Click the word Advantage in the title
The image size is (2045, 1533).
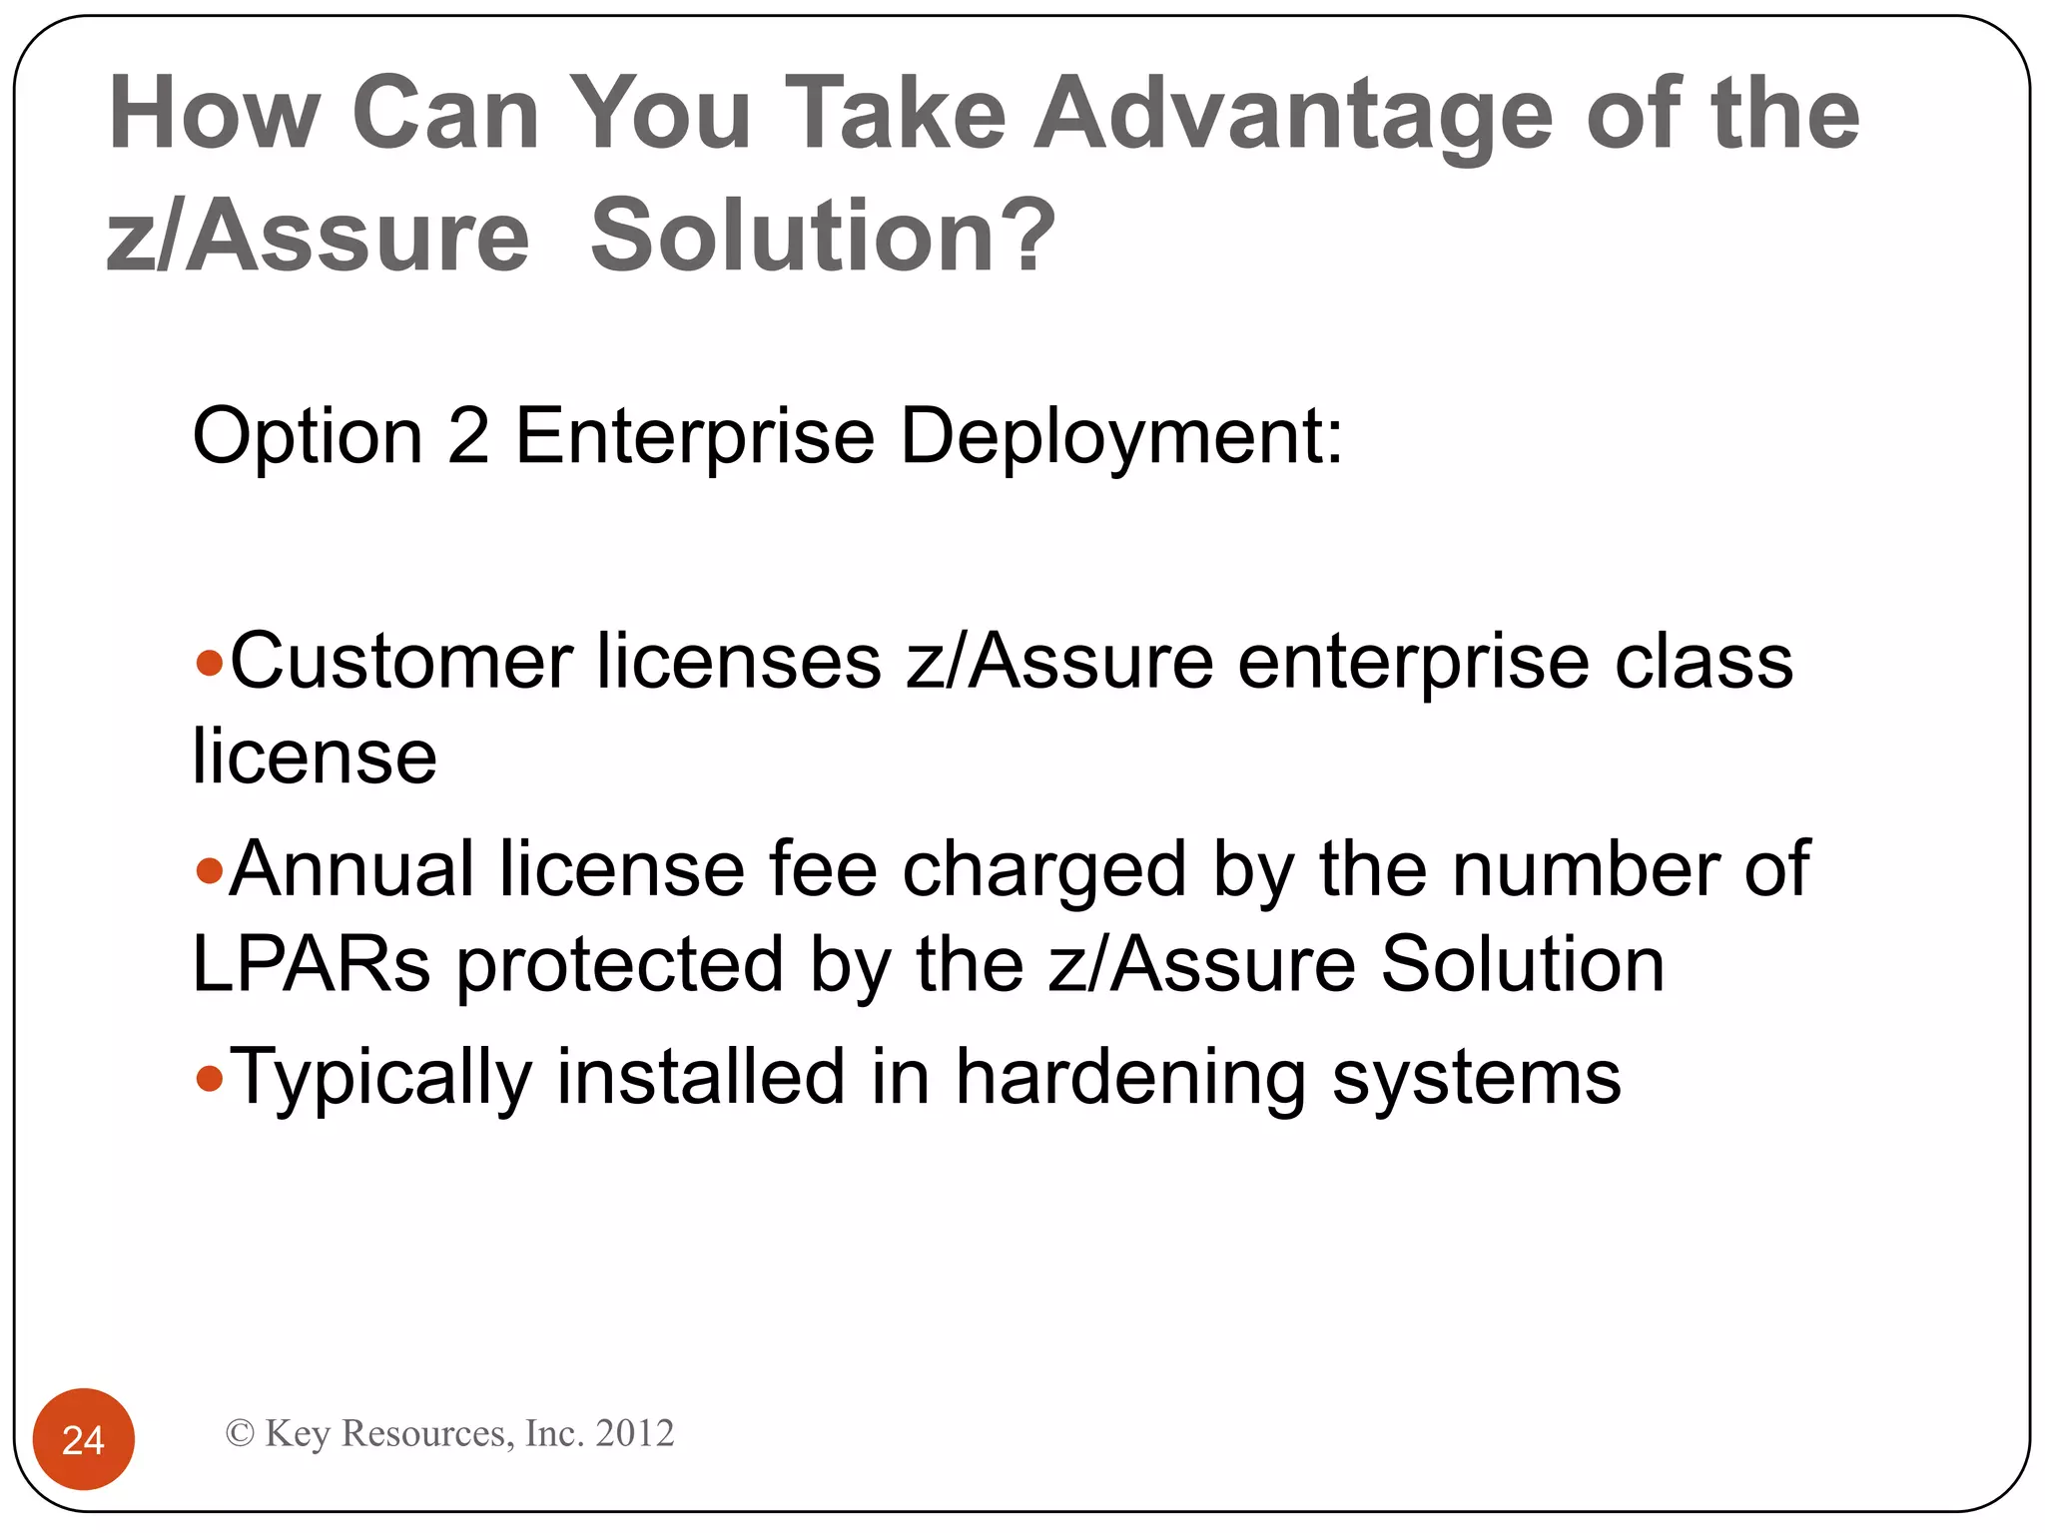[x=1292, y=115]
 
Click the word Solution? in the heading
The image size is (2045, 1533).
[x=823, y=236]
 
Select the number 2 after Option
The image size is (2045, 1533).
[x=468, y=436]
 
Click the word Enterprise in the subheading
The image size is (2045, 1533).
[x=695, y=436]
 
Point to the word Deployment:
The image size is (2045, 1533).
[x=1121, y=436]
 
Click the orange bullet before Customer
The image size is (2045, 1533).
[x=209, y=664]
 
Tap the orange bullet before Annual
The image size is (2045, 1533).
[x=209, y=871]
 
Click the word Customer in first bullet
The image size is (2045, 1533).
[x=401, y=662]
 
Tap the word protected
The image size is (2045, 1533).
[x=620, y=966]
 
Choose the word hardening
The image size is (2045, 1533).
[x=1129, y=1078]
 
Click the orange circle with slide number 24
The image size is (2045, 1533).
[x=84, y=1439]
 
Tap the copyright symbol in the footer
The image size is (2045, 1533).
[x=240, y=1433]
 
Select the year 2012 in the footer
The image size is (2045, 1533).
[x=634, y=1433]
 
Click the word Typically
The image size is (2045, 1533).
[x=380, y=1078]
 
